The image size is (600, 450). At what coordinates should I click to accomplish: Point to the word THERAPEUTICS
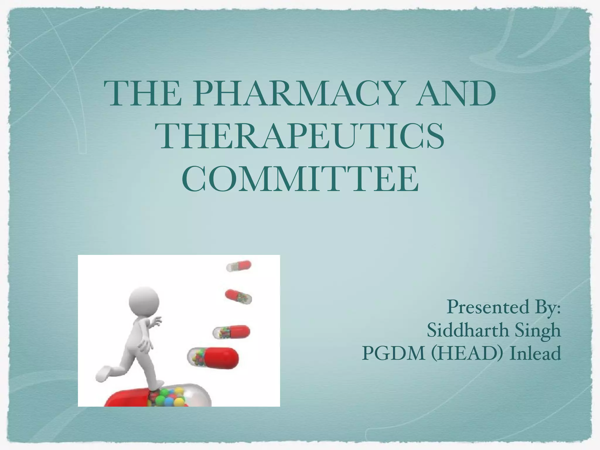[x=302, y=137]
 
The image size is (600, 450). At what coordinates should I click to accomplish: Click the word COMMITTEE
[x=300, y=179]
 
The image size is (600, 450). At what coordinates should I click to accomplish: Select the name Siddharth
[x=468, y=330]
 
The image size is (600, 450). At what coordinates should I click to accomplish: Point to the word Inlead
[x=535, y=353]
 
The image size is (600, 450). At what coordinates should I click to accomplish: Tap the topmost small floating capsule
[x=239, y=266]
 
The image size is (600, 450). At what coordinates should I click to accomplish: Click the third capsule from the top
[x=231, y=332]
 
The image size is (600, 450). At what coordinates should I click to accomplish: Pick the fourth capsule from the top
[x=213, y=357]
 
